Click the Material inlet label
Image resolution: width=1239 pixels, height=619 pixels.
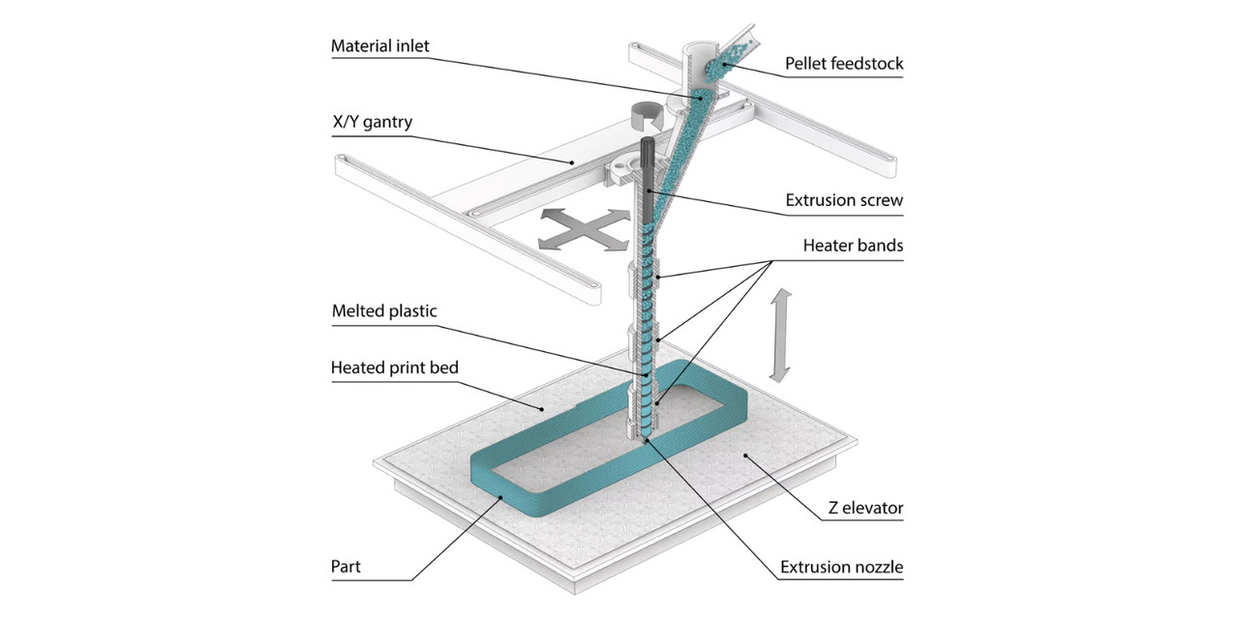379,46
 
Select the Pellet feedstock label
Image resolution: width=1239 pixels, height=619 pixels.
842,64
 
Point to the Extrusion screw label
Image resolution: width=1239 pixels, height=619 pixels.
844,201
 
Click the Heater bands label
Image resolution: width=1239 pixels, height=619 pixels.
853,246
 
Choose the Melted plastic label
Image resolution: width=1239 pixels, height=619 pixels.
384,311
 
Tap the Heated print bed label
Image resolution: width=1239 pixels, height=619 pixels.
395,368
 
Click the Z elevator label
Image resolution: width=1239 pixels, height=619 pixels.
864,507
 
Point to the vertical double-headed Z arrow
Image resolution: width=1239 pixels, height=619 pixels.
781,334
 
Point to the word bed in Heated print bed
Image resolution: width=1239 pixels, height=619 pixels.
441,368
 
